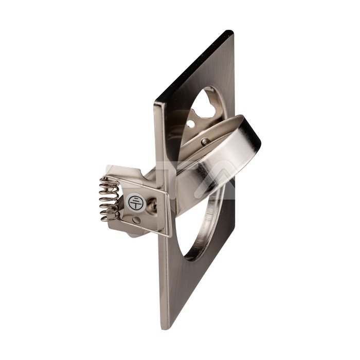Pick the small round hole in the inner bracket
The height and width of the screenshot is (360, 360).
[x=190, y=124]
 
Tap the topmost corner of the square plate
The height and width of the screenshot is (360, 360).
[x=230, y=32]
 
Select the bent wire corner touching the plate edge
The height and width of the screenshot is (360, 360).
[x=167, y=234]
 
